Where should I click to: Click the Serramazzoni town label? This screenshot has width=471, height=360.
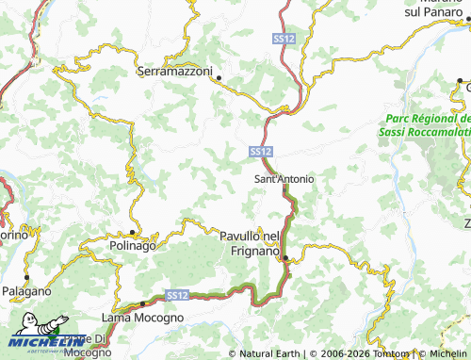(x=178, y=71)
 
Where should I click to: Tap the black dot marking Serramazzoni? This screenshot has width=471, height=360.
(x=219, y=78)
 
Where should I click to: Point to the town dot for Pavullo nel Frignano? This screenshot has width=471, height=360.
(x=285, y=258)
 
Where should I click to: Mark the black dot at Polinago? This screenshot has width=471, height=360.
(x=133, y=232)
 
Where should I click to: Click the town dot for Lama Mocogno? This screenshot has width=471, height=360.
(x=142, y=304)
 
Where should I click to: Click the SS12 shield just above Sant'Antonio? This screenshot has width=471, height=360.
(x=262, y=151)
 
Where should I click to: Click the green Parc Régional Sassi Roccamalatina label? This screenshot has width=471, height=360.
(x=427, y=125)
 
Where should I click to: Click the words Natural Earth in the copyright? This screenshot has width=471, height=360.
(x=268, y=353)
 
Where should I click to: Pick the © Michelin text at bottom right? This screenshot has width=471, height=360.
(x=442, y=353)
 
